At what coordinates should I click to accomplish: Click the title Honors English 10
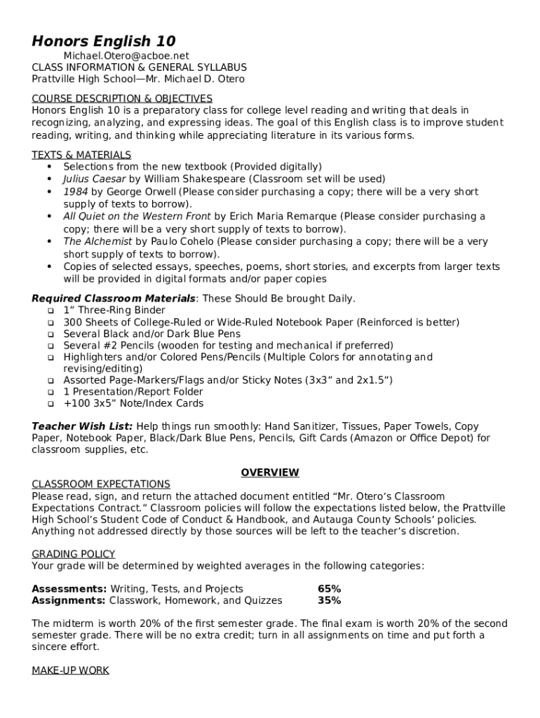pyautogui.click(x=104, y=41)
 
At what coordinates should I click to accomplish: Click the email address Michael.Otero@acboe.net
pyautogui.click(x=126, y=55)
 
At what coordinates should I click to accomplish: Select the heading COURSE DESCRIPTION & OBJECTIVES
pyautogui.click(x=122, y=99)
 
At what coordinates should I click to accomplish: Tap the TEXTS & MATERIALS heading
pyautogui.click(x=81, y=155)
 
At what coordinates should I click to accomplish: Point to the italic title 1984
pyautogui.click(x=75, y=192)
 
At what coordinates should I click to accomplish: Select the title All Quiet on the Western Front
pyautogui.click(x=137, y=217)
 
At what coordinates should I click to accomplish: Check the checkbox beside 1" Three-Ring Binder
pyautogui.click(x=50, y=311)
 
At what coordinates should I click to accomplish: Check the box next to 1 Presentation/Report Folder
pyautogui.click(x=50, y=393)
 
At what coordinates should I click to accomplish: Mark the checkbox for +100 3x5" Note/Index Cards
pyautogui.click(x=50, y=404)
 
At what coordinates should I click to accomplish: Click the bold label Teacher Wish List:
pyautogui.click(x=82, y=426)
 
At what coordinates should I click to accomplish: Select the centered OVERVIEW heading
pyautogui.click(x=270, y=473)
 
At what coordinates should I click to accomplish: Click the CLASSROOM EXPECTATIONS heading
pyautogui.click(x=101, y=485)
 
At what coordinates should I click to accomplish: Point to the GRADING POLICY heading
pyautogui.click(x=74, y=554)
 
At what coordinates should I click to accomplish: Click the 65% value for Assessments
pyautogui.click(x=329, y=589)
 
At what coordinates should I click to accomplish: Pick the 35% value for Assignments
pyautogui.click(x=329, y=601)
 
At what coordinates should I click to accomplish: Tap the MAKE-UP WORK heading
pyautogui.click(x=70, y=670)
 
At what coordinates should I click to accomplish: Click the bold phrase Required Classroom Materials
pyautogui.click(x=114, y=299)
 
